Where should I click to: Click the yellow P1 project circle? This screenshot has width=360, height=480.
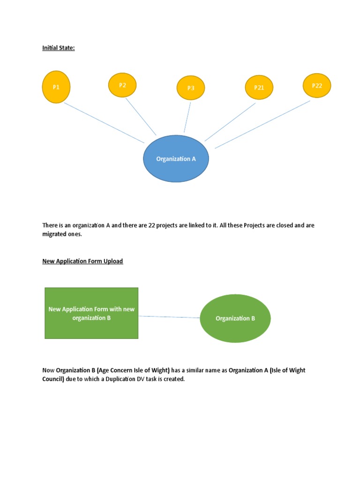pos(56,87)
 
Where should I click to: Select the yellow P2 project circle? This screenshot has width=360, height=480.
pos(122,85)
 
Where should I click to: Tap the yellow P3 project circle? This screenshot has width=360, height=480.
pos(191,88)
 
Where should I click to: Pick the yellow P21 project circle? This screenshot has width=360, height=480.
pos(259,87)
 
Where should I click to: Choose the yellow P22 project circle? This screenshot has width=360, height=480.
pos(317,86)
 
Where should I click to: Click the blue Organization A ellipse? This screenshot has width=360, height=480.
pos(176,158)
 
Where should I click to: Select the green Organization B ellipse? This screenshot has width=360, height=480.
pos(235,318)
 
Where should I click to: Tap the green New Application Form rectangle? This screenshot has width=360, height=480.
pos(91,313)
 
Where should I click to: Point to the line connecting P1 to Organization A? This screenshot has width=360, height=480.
pos(104,123)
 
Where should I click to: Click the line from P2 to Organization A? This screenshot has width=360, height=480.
pos(141,116)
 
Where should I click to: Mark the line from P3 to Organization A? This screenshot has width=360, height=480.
pos(187,117)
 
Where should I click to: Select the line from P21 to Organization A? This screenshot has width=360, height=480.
pos(230,122)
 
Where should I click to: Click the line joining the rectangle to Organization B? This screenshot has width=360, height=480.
pos(169,317)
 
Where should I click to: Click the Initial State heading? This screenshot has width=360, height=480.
pos(59,48)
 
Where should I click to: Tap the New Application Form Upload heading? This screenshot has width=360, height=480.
pos(82,261)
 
